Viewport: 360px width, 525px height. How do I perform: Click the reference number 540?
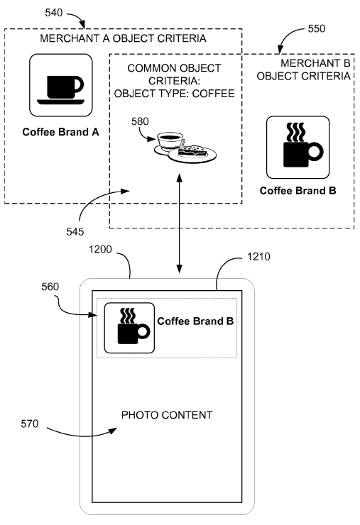tap(54, 13)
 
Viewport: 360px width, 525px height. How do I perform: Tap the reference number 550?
tap(317, 29)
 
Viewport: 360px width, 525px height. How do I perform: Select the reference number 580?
tap(140, 121)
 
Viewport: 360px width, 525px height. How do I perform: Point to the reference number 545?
tap(75, 232)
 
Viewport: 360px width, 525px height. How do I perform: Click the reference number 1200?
tap(100, 250)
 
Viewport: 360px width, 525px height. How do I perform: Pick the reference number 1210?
tap(258, 257)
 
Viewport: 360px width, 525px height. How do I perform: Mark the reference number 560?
tap(50, 287)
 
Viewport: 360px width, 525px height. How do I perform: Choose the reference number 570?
tap(30, 424)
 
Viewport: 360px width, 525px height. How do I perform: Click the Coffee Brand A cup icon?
tap(60, 85)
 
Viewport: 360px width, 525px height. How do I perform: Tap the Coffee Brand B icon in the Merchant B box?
tap(298, 148)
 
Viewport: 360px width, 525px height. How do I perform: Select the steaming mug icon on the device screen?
tap(129, 328)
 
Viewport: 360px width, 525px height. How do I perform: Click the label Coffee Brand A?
tap(60, 132)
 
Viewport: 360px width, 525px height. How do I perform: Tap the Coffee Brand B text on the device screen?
tap(195, 321)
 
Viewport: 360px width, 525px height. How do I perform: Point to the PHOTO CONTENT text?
tap(167, 415)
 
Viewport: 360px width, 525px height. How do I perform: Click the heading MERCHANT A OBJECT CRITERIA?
tap(123, 38)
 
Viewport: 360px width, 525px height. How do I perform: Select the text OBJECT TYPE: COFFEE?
tap(174, 94)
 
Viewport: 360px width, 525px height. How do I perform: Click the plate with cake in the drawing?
tap(192, 155)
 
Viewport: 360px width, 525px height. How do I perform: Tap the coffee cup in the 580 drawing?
tap(170, 143)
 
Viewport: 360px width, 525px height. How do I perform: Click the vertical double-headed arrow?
tap(180, 223)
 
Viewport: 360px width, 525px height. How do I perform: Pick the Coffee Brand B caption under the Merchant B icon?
tap(298, 191)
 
